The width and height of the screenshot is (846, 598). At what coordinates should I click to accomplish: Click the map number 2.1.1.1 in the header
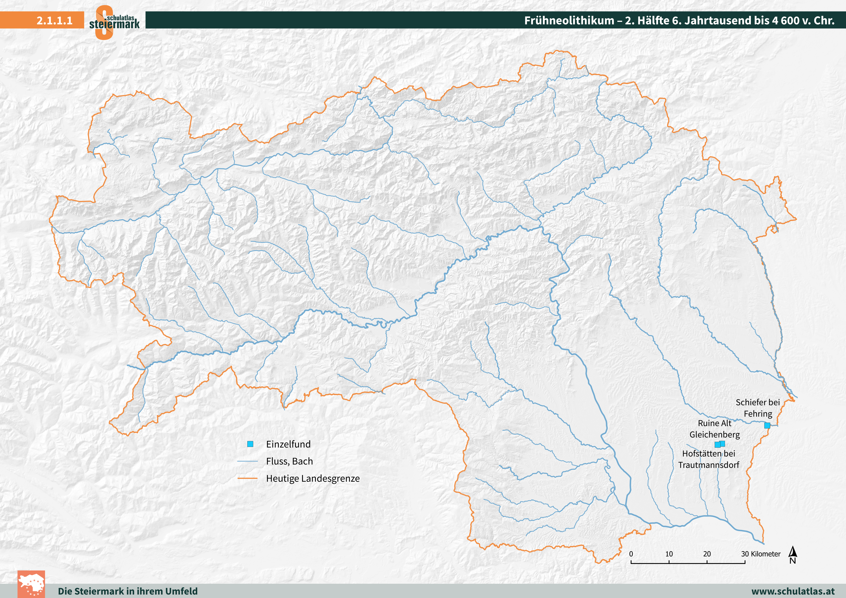point(54,20)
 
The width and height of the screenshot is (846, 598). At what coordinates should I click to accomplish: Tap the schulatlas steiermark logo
point(114,22)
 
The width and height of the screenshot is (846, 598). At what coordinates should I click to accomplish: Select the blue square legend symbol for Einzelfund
point(250,444)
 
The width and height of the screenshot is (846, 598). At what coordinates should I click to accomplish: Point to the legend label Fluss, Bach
point(289,461)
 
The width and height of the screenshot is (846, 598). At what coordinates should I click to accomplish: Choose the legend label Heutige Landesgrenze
point(313,479)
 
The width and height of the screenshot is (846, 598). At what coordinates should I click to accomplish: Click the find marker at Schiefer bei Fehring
point(767,425)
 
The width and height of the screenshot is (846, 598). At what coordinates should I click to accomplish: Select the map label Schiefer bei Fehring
point(758,408)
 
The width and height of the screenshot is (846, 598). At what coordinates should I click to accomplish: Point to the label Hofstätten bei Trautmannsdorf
point(709,459)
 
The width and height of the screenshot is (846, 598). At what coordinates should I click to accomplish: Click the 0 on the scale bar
point(631,554)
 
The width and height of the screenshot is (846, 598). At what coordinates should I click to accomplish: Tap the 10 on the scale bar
point(669,554)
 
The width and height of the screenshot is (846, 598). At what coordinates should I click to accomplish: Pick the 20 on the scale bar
point(707,554)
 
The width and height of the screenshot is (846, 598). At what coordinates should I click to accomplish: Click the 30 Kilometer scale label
point(760,554)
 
